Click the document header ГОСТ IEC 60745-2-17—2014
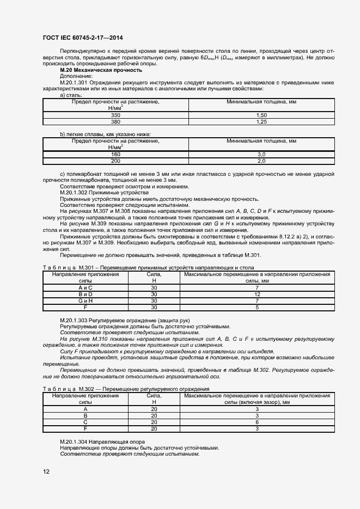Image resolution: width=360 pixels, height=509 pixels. point(82,39)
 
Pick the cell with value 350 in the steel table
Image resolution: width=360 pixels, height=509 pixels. point(115,116)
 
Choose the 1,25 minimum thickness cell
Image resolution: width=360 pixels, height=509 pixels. point(261,122)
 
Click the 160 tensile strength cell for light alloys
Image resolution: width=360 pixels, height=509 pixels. point(115,155)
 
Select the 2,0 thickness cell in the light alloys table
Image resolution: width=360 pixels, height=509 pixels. point(261,161)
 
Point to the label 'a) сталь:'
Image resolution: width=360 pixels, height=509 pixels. point(70,95)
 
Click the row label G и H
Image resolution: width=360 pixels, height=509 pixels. point(86,301)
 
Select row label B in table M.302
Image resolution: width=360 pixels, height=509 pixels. point(86,415)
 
